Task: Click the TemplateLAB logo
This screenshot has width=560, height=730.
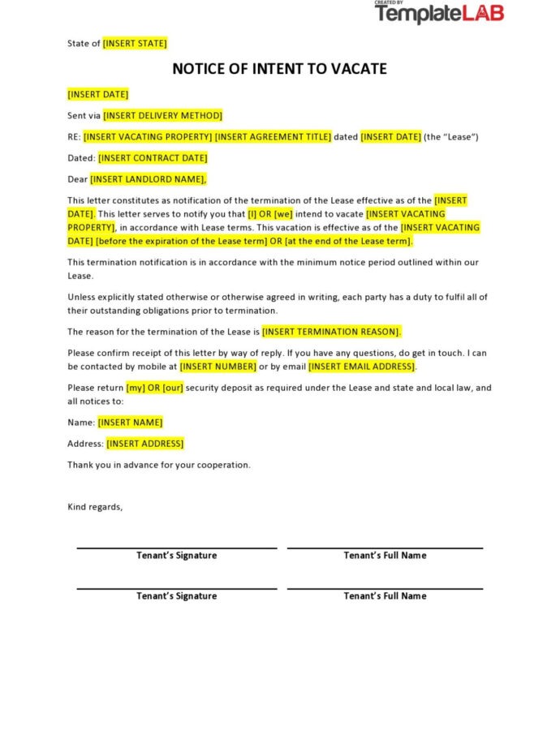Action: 439,13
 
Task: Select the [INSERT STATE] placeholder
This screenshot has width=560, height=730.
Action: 135,44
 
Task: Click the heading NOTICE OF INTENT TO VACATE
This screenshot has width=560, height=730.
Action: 279,69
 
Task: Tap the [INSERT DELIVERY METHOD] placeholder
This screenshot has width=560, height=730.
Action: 162,116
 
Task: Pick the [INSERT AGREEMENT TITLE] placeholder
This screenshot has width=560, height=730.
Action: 273,137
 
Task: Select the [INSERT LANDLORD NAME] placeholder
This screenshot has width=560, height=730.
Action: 149,179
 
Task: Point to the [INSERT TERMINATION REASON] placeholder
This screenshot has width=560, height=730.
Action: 331,332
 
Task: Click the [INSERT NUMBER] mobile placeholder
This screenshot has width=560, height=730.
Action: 218,367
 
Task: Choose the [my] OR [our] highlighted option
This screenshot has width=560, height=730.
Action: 155,388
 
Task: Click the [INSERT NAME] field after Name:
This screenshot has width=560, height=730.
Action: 130,423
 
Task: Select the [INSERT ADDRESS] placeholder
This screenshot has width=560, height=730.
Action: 145,444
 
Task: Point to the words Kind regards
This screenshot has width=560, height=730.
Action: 95,507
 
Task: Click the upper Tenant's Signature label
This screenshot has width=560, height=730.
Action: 176,556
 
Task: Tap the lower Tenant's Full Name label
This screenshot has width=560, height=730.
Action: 385,596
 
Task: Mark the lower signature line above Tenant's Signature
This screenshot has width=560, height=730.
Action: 176,588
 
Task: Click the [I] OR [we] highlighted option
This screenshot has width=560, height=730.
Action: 270,214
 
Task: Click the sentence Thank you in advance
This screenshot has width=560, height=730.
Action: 159,465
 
